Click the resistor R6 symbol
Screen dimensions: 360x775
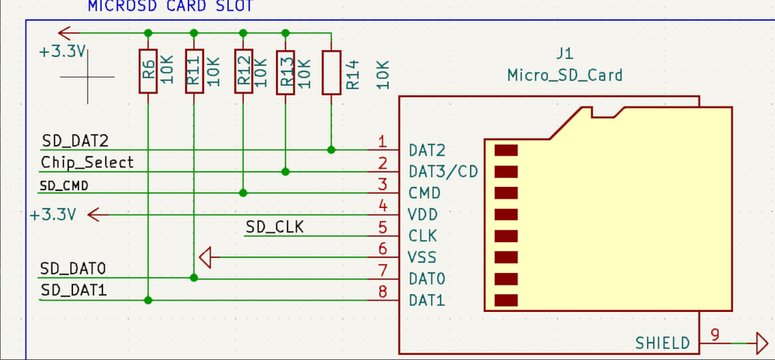pos(147,72)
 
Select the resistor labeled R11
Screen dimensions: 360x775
pos(194,72)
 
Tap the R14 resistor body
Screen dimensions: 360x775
pos(331,72)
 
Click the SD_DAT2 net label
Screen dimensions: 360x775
pos(74,140)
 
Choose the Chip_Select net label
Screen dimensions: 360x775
pos(87,162)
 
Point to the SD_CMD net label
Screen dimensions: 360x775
pos(64,185)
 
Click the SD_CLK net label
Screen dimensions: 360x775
pos(275,227)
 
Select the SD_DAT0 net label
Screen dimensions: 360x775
pos(73,268)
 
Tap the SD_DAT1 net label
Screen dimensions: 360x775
pos(73,289)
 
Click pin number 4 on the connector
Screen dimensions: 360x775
pos(382,206)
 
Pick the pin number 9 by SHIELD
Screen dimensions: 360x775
pos(714,334)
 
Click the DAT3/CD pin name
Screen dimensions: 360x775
pos(443,171)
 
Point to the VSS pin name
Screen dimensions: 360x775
pos(422,257)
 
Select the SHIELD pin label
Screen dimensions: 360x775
pos(663,342)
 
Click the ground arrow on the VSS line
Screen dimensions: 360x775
pos(206,256)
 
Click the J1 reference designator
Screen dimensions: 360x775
pos(564,55)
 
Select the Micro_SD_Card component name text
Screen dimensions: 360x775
pos(564,75)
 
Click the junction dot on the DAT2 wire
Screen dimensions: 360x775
pos(331,149)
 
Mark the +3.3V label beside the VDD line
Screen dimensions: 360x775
pos(53,214)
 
